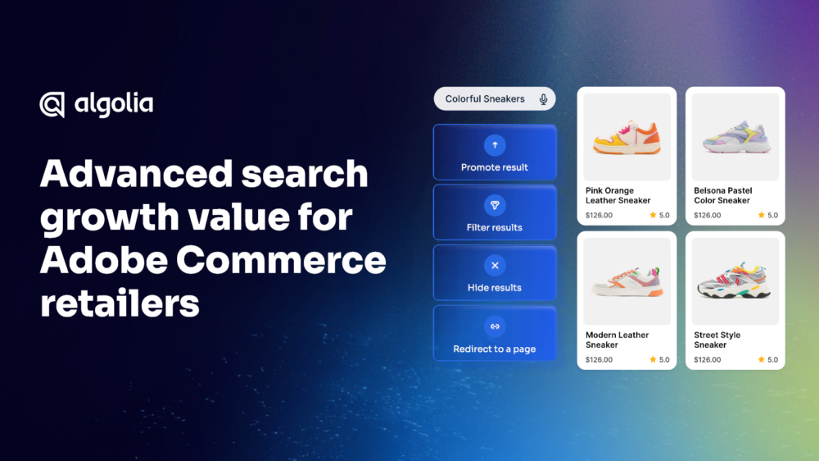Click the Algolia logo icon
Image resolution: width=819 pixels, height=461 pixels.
(x=52, y=105)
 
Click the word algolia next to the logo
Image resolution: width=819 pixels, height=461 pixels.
(x=114, y=104)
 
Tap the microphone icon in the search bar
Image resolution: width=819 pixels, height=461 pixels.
(x=543, y=99)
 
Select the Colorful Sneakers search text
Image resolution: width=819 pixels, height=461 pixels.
(x=485, y=99)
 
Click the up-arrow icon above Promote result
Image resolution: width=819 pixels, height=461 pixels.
(x=495, y=145)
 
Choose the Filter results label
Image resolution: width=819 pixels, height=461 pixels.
(x=494, y=227)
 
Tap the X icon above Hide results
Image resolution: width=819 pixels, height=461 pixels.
(x=495, y=265)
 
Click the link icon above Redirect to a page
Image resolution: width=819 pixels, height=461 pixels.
(x=495, y=326)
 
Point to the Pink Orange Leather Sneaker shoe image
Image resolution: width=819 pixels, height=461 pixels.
(x=627, y=138)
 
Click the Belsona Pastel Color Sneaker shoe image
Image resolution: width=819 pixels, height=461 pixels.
(x=736, y=137)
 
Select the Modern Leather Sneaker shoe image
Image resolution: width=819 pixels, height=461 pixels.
(x=627, y=281)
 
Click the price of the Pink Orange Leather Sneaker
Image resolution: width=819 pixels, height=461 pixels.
(x=599, y=215)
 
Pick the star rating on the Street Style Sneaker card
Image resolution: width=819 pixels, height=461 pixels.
(x=768, y=359)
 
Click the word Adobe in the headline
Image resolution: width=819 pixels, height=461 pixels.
(x=103, y=260)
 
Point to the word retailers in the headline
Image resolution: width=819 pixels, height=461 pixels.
(x=120, y=304)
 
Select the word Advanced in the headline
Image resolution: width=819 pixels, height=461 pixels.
(x=136, y=173)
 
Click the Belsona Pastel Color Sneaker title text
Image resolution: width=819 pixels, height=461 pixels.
(x=723, y=195)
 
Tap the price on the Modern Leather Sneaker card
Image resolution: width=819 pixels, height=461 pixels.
(x=599, y=359)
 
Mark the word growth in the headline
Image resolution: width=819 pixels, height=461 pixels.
(x=110, y=217)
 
